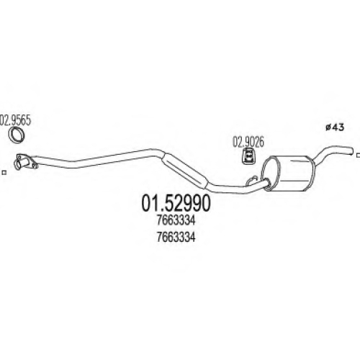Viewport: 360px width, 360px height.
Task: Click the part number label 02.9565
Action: click(16, 121)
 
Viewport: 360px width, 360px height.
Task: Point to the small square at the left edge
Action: click(4, 172)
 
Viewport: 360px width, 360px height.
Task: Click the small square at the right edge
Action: click(358, 155)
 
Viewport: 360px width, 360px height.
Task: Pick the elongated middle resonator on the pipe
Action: click(185, 171)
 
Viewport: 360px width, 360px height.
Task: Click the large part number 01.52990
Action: click(176, 203)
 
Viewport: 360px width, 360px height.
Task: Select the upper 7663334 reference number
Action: click(176, 221)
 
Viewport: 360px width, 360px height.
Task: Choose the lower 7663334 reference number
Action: click(176, 238)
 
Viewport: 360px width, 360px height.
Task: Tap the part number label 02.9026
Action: click(248, 142)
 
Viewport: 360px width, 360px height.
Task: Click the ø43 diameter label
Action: click(335, 127)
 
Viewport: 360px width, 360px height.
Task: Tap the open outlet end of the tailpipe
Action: click(352, 151)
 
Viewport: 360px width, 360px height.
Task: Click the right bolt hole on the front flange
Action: click(35, 166)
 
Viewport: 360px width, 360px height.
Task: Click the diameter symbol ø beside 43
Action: click(328, 127)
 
